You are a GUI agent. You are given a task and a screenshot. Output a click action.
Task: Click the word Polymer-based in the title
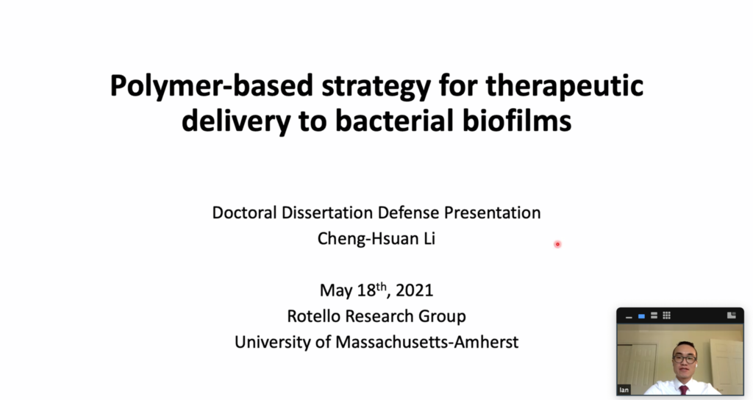[x=211, y=87]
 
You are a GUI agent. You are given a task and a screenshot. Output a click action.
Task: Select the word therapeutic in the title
[x=564, y=87]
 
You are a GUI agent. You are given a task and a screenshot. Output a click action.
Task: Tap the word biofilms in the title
[x=517, y=120]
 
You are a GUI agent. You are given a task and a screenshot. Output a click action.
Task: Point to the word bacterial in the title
[x=394, y=120]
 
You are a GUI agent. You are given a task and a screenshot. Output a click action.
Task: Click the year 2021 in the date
[x=415, y=290]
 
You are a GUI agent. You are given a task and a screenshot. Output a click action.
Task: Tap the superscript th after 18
[x=382, y=287]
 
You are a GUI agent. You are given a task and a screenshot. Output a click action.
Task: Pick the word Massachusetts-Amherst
[x=427, y=342]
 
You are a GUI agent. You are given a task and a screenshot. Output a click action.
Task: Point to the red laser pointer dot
[x=557, y=244]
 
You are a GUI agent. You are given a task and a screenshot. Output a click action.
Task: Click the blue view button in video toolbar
[x=641, y=316]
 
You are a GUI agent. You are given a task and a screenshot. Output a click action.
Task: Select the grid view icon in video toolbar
[x=666, y=315]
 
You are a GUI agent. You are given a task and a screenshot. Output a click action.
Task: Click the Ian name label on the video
[x=624, y=390]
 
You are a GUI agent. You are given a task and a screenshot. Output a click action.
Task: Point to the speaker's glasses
[x=685, y=359]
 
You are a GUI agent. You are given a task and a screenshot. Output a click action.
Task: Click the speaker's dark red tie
[x=683, y=390]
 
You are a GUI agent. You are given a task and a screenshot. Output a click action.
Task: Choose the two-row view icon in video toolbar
[x=654, y=315]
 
